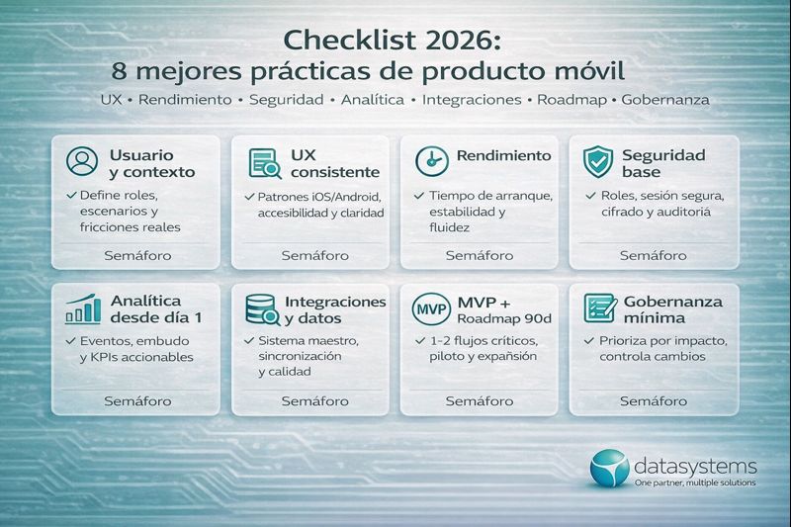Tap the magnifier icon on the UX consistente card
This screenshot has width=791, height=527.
click(264, 162)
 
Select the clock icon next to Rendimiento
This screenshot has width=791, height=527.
click(431, 159)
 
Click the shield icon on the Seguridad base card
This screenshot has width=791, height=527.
click(597, 161)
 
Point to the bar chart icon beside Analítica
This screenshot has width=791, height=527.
click(82, 308)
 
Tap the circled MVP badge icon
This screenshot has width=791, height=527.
click(430, 308)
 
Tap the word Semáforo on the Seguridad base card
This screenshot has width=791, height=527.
click(653, 255)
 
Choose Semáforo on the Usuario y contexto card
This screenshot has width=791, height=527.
click(137, 255)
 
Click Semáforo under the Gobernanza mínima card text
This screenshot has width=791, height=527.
click(653, 400)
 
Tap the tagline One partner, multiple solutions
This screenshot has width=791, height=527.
click(695, 483)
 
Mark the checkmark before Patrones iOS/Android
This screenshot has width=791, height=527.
click(249, 196)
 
